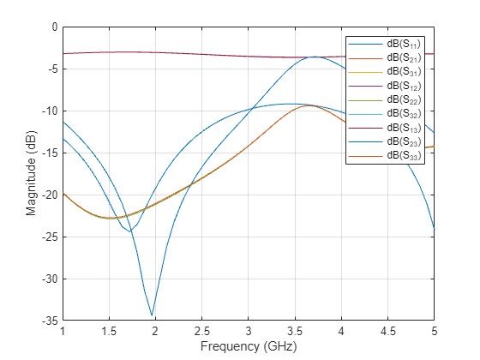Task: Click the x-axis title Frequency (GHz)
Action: [x=248, y=348]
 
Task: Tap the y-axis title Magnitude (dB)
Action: [x=31, y=173]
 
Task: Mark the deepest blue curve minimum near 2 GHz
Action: [x=153, y=315]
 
